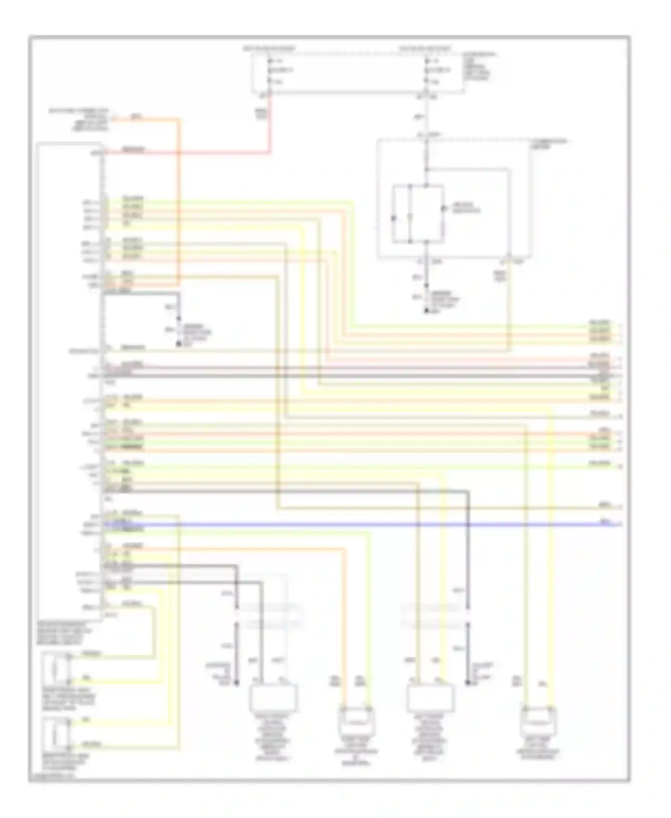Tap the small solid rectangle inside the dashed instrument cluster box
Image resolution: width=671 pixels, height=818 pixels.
pyautogui.click(x=418, y=214)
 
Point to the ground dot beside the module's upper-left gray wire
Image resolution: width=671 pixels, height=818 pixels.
pyautogui.click(x=178, y=344)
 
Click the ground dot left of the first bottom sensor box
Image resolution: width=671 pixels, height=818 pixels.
pyautogui.click(x=237, y=683)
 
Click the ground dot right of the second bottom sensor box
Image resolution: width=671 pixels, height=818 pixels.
pyautogui.click(x=467, y=683)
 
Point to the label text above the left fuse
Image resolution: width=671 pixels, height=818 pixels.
pyautogui.click(x=269, y=48)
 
